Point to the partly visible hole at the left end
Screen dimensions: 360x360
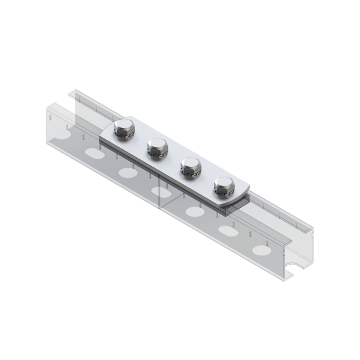pos(65,134)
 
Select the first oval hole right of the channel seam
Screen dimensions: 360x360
pos(194,210)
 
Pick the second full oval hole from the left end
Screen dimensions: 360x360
pos(126,173)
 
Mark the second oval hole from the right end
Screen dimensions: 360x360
pos(227,230)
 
